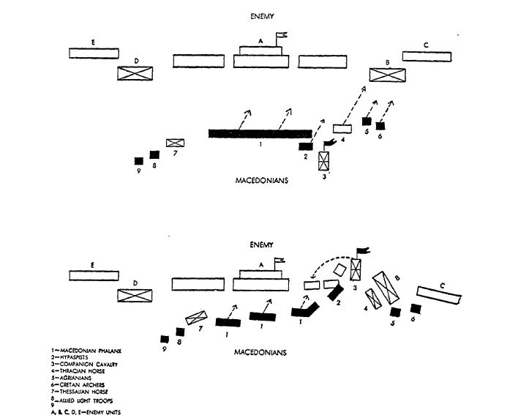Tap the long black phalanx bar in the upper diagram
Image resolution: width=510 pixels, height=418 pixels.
click(260, 133)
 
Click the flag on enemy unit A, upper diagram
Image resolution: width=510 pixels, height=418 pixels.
click(281, 34)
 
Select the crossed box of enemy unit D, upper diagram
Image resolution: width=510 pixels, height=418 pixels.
click(135, 72)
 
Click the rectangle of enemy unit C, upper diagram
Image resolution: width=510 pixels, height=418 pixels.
click(427, 57)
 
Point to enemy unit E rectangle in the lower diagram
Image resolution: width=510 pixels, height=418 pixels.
click(94, 275)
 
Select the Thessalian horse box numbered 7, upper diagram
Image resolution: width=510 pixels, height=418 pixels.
click(175, 143)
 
